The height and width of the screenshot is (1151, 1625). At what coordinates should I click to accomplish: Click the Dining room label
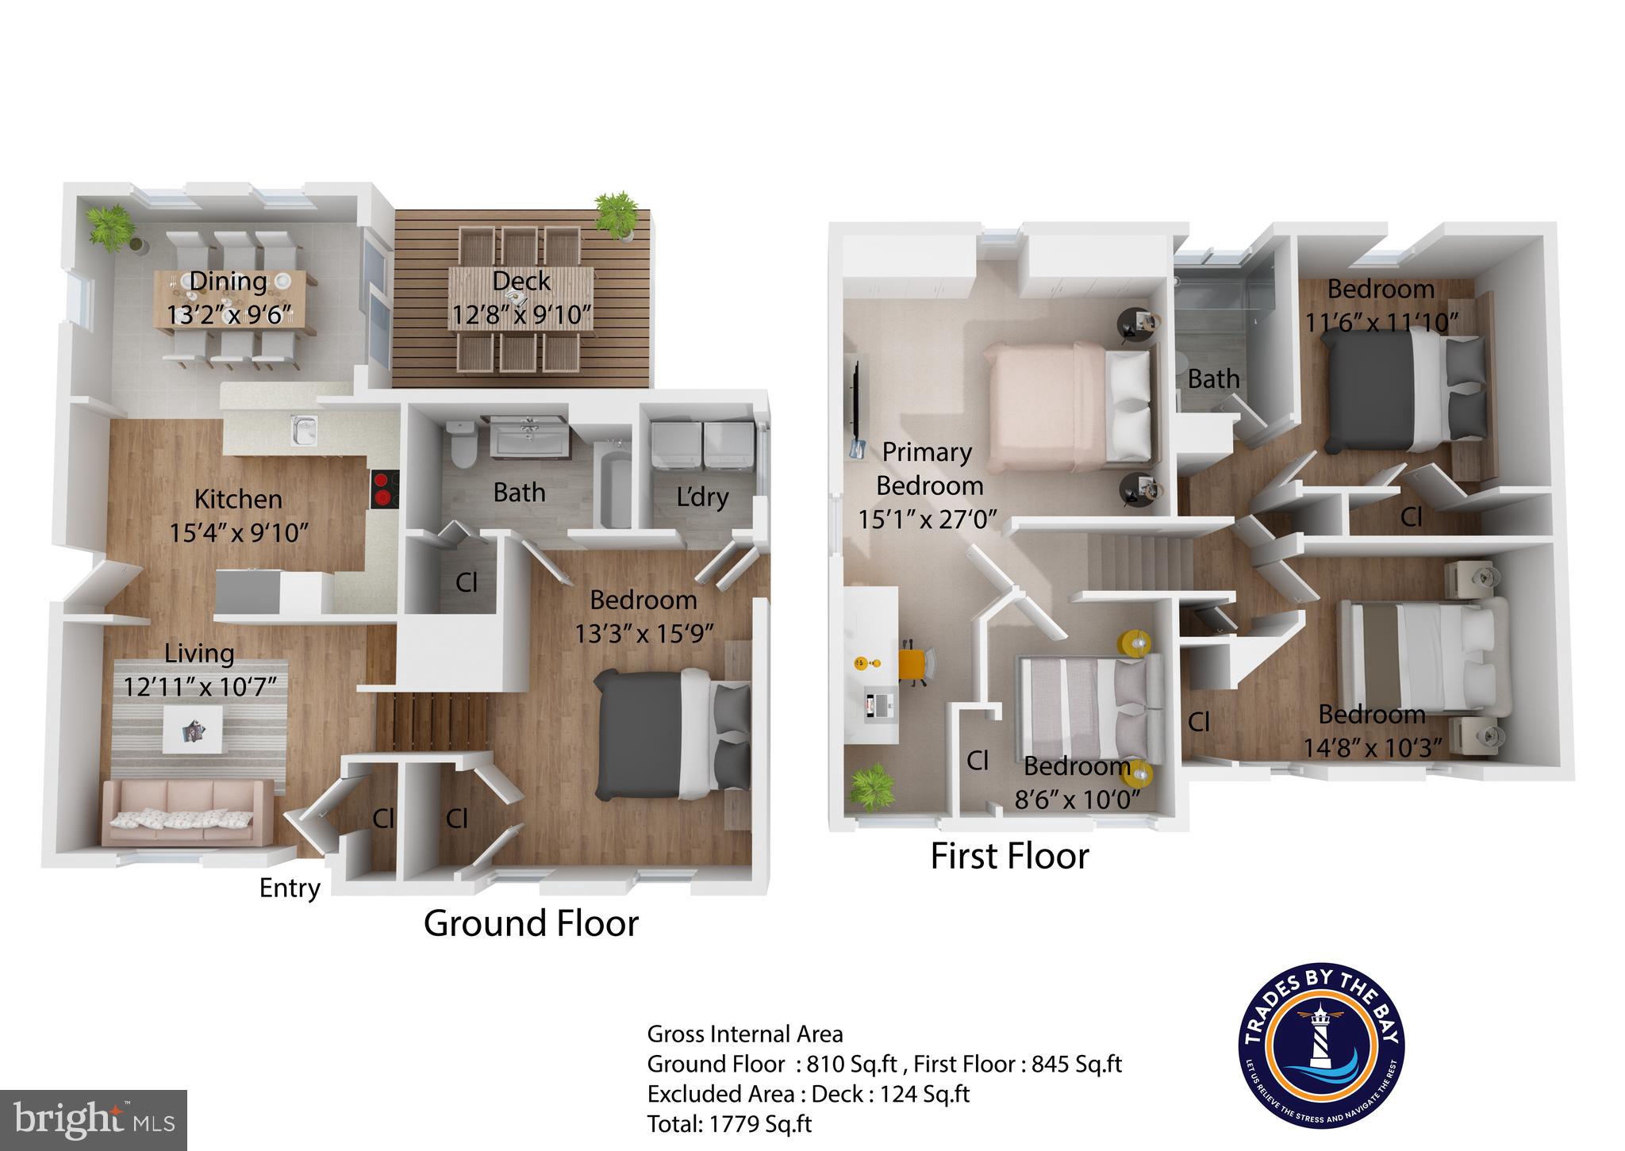[228, 281]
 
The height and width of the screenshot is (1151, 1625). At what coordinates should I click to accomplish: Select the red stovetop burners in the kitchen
[384, 489]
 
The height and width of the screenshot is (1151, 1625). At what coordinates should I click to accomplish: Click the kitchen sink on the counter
[304, 431]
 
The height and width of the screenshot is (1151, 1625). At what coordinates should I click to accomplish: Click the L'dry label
[702, 497]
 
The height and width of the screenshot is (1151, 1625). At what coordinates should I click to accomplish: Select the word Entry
[290, 888]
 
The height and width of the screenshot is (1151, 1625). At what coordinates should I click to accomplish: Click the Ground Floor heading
[531, 923]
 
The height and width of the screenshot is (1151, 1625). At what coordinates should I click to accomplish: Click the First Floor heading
[1009, 856]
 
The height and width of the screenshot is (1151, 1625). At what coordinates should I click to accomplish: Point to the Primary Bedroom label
[928, 468]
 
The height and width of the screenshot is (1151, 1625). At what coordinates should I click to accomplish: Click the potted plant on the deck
[616, 213]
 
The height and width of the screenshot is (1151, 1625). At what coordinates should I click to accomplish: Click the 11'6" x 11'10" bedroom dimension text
[1382, 323]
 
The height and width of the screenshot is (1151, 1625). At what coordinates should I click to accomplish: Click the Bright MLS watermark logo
[94, 1119]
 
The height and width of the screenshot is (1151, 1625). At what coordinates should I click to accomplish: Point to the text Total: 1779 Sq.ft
[729, 1123]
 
